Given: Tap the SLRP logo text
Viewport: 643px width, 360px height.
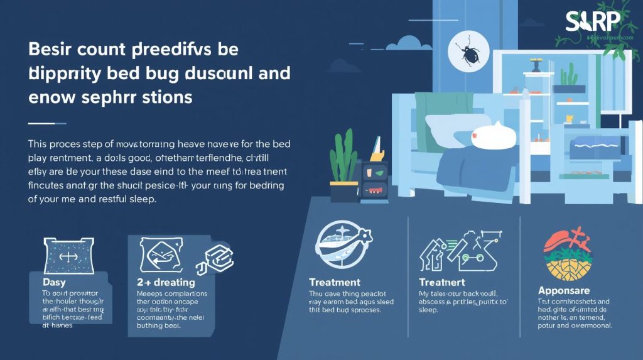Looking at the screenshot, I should coord(593,23).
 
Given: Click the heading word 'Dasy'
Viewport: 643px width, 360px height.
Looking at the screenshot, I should coord(54,283).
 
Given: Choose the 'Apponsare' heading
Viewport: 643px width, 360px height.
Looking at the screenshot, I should coord(563,291).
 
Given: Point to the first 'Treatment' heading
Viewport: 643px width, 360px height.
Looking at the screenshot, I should coord(335,282).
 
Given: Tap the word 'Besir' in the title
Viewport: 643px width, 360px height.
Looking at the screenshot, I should coord(55,49).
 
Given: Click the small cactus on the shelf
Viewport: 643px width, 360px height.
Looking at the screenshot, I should coord(568,76).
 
